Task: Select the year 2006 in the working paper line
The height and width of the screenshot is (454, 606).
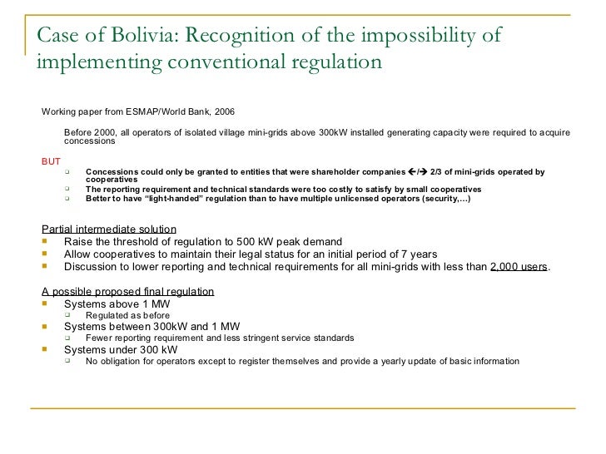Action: pyautogui.click(x=222, y=110)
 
